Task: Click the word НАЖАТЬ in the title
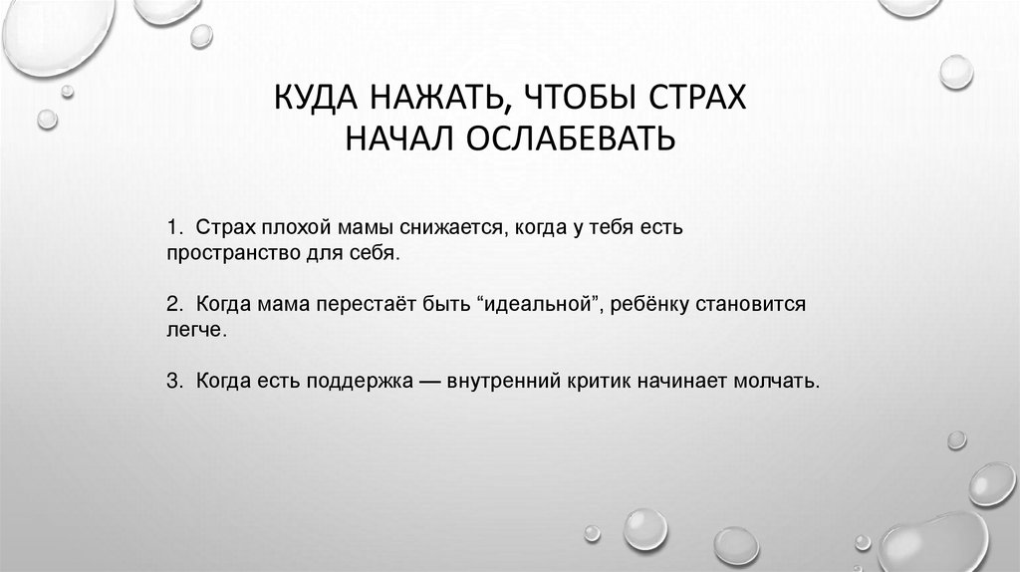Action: (x=428, y=100)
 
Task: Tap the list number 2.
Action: (x=172, y=305)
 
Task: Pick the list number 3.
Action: (x=172, y=381)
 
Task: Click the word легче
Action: (x=196, y=330)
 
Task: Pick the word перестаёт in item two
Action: (x=366, y=305)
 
